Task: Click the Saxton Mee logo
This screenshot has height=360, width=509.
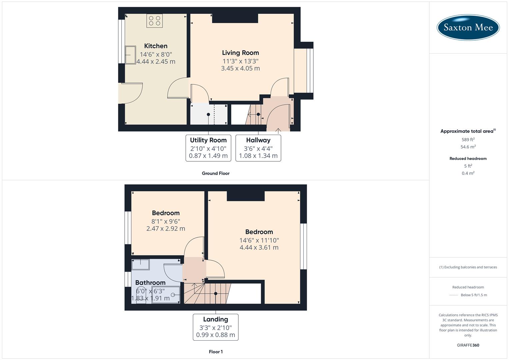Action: coord(468,27)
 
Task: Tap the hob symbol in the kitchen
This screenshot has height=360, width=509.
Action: coord(154,21)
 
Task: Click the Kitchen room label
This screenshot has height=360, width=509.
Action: coord(156,46)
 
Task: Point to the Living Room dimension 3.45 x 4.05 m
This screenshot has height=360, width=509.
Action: coord(240,68)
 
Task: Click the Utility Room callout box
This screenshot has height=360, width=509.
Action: coord(208,148)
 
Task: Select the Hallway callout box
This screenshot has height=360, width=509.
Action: coord(258,148)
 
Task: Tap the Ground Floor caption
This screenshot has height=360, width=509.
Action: coord(216,173)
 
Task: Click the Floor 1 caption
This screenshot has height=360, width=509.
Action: coord(216,352)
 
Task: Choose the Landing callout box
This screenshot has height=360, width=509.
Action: coord(216,327)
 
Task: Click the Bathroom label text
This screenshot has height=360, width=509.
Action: coord(150,283)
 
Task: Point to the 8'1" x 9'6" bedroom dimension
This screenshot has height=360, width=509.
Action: coord(166,221)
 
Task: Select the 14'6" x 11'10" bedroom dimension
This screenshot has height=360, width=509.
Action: coord(259,240)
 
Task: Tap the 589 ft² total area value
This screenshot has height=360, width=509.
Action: coord(468,140)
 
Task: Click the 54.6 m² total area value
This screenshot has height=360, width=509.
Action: coord(468,147)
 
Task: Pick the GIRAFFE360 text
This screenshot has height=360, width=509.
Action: coord(468,345)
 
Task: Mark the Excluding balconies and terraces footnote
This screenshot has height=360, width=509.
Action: coord(468,267)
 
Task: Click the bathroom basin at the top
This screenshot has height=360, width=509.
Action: coord(141,265)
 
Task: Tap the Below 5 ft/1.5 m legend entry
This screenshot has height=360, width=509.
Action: coord(474,295)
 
